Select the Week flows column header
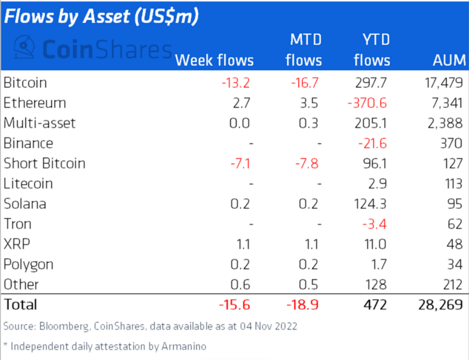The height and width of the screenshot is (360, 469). point(214,61)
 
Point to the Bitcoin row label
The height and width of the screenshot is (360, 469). point(25,82)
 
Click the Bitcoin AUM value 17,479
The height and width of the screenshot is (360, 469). point(441,82)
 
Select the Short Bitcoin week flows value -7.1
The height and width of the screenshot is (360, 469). point(236,164)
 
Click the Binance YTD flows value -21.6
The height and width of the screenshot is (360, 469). point(373,143)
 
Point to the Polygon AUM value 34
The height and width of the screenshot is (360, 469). point(453,264)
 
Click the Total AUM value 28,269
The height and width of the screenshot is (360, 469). point(439,304)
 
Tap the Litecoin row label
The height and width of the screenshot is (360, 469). point(28,184)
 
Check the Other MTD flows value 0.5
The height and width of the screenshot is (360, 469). point(308,284)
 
